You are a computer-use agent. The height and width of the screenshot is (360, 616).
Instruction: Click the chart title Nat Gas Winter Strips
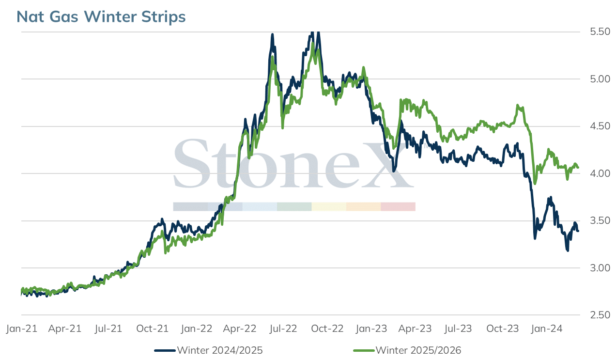[x=101, y=17]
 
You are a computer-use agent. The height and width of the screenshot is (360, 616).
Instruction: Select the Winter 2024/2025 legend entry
[x=208, y=350]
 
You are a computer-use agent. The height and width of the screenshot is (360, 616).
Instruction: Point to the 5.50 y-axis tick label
[x=600, y=31]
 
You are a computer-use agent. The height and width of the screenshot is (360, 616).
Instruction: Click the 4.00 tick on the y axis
[x=600, y=173]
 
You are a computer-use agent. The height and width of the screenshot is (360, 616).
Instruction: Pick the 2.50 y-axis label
[x=600, y=315]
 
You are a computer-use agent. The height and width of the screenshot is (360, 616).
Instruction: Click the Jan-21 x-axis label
[x=22, y=329]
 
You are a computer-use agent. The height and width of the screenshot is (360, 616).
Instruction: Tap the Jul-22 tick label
[x=283, y=329]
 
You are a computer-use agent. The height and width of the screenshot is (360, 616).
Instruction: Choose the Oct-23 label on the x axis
[x=502, y=329]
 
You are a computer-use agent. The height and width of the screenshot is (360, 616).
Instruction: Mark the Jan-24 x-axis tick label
[x=547, y=329]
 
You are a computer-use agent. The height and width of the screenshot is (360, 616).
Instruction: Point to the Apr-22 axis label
[x=240, y=329]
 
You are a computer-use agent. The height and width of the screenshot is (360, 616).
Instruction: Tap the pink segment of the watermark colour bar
[x=398, y=207]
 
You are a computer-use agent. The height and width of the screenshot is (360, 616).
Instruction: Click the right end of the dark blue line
[x=578, y=231]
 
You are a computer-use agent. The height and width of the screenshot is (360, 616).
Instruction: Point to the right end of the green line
[x=578, y=167]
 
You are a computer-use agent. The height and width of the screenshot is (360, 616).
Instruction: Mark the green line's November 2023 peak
[x=518, y=105]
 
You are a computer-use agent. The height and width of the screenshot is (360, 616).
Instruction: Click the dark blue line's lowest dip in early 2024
[x=567, y=250]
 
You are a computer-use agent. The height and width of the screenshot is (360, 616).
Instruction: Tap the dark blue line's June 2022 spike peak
[x=272, y=34]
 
